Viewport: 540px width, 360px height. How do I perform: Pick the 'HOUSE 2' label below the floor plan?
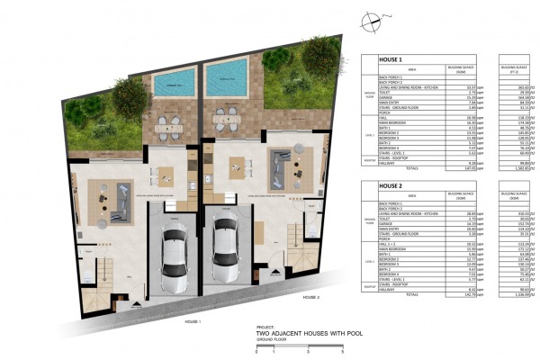click(311, 297)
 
